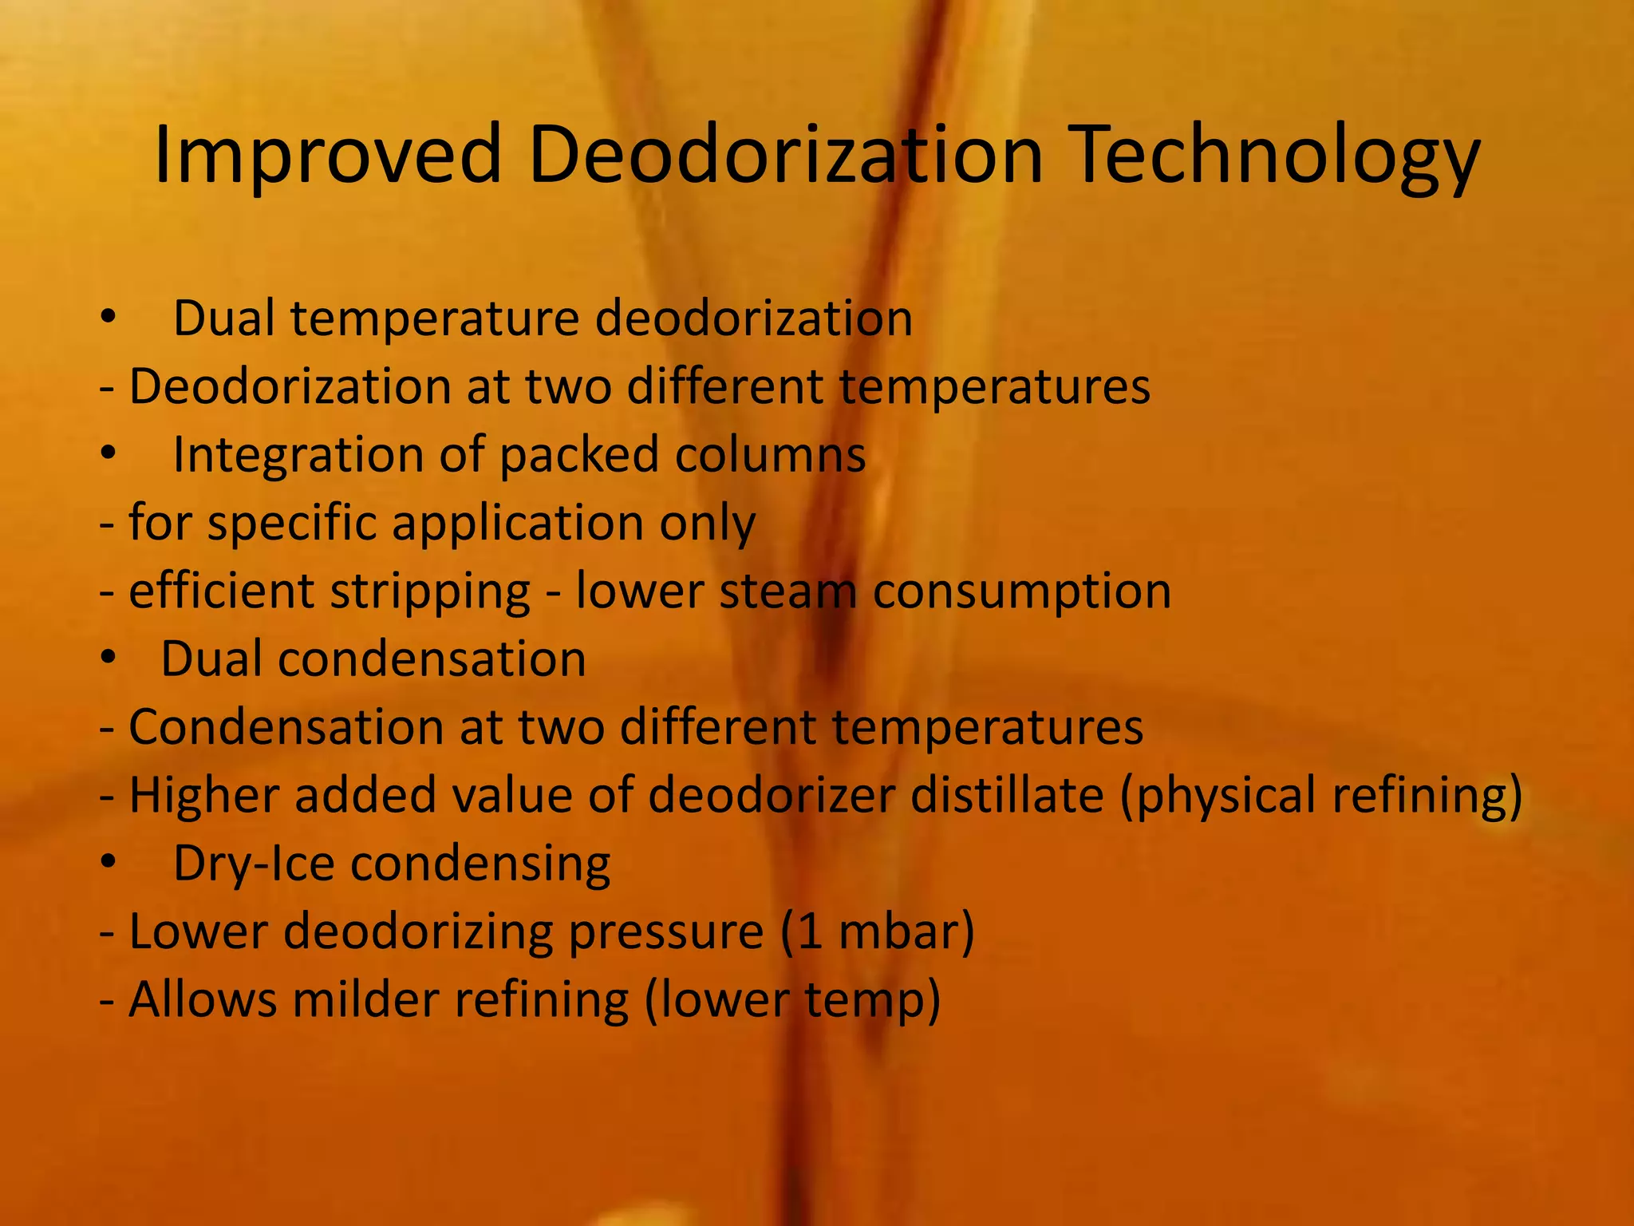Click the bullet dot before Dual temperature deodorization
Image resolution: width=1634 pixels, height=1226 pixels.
109,318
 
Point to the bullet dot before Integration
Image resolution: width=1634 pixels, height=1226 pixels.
109,454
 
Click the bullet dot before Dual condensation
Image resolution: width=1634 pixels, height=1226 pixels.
109,659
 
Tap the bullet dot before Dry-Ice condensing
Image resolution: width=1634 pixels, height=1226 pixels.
109,864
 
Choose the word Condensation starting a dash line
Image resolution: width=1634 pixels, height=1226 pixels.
286,727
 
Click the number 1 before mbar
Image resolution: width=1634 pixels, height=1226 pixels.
810,931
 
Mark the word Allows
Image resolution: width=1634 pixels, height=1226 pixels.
202,999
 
